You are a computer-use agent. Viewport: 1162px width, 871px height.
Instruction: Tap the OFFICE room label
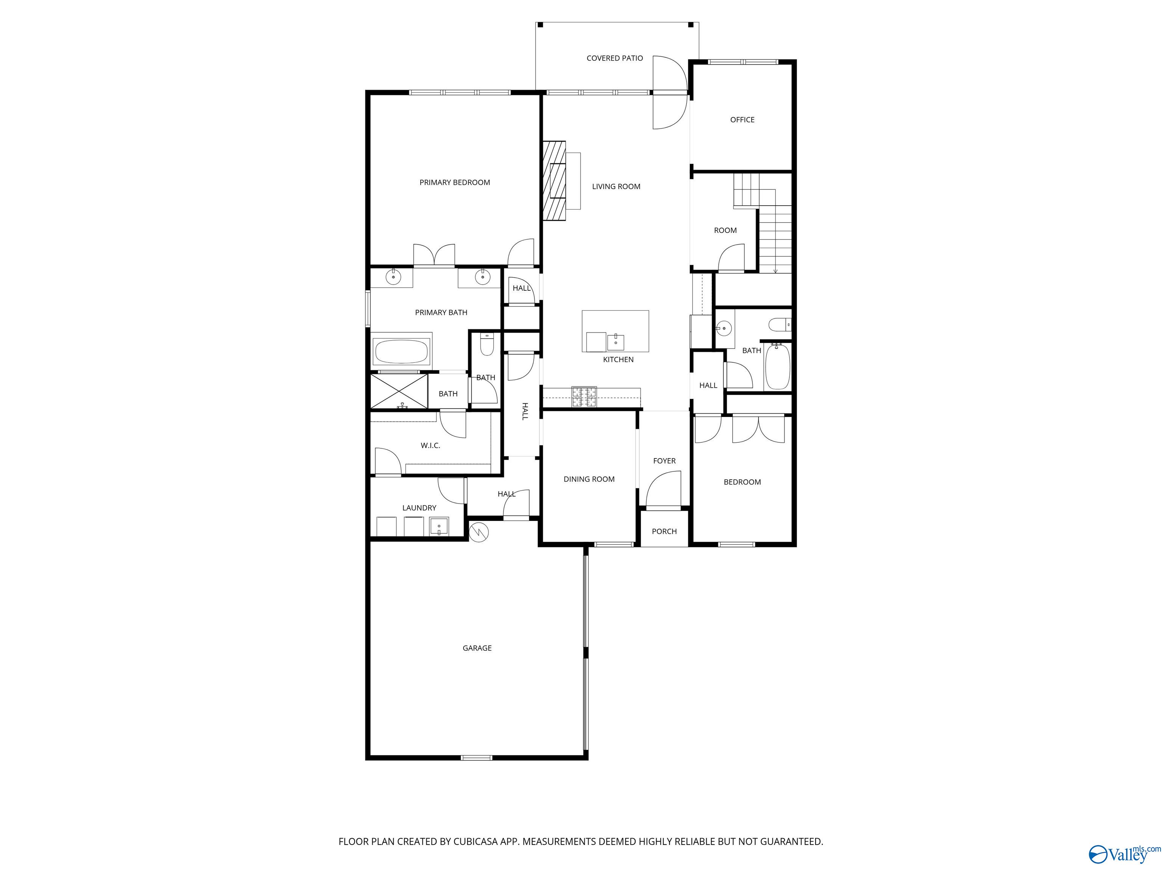click(x=742, y=120)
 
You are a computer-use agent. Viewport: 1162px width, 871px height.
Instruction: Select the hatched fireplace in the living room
click(x=554, y=181)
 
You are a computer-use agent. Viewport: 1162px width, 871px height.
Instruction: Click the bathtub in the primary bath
click(x=401, y=352)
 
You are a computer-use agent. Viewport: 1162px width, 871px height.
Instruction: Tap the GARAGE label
click(x=477, y=648)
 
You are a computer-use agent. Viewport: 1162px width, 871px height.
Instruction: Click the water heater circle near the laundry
click(x=478, y=532)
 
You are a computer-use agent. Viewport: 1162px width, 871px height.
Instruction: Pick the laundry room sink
click(x=439, y=526)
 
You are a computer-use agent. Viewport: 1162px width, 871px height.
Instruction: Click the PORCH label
click(x=664, y=531)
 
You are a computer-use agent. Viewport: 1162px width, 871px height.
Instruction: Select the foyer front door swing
click(x=663, y=489)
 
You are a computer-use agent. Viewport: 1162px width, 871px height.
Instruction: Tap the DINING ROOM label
click(x=589, y=479)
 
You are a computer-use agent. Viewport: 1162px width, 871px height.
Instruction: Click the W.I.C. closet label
click(x=430, y=445)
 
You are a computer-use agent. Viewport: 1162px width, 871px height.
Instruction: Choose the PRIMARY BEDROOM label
click(x=454, y=182)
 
